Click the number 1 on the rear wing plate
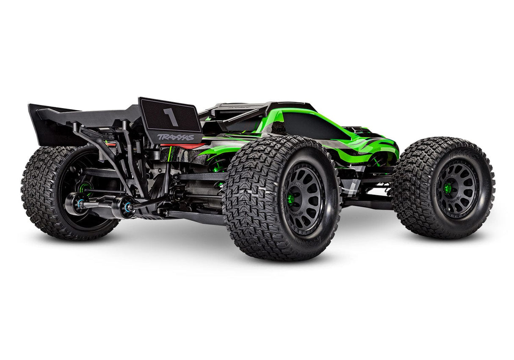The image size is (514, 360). (170, 117)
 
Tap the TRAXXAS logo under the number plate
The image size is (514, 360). (175, 137)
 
